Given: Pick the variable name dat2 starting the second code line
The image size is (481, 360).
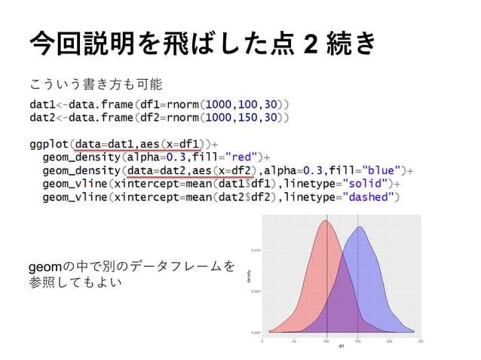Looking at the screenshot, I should pyautogui.click(x=44, y=117).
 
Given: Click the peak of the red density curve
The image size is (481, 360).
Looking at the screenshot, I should pyautogui.click(x=326, y=221).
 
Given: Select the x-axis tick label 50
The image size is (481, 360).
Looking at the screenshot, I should pyautogui.click(x=295, y=341).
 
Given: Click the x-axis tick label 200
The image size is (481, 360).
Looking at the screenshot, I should pyautogui.click(x=389, y=341).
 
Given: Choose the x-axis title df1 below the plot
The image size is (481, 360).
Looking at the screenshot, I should pyautogui.click(x=342, y=347).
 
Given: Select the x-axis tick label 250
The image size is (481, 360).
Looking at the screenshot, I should pyautogui.click(x=420, y=341).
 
